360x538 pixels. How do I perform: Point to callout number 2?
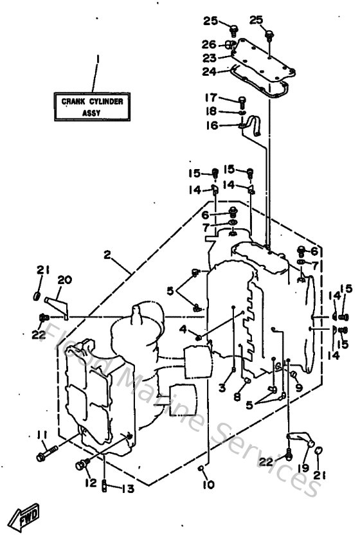(107, 255)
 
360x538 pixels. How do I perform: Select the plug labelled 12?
(82, 463)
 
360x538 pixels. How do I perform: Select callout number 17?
(210, 98)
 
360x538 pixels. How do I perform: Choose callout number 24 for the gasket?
(211, 72)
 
